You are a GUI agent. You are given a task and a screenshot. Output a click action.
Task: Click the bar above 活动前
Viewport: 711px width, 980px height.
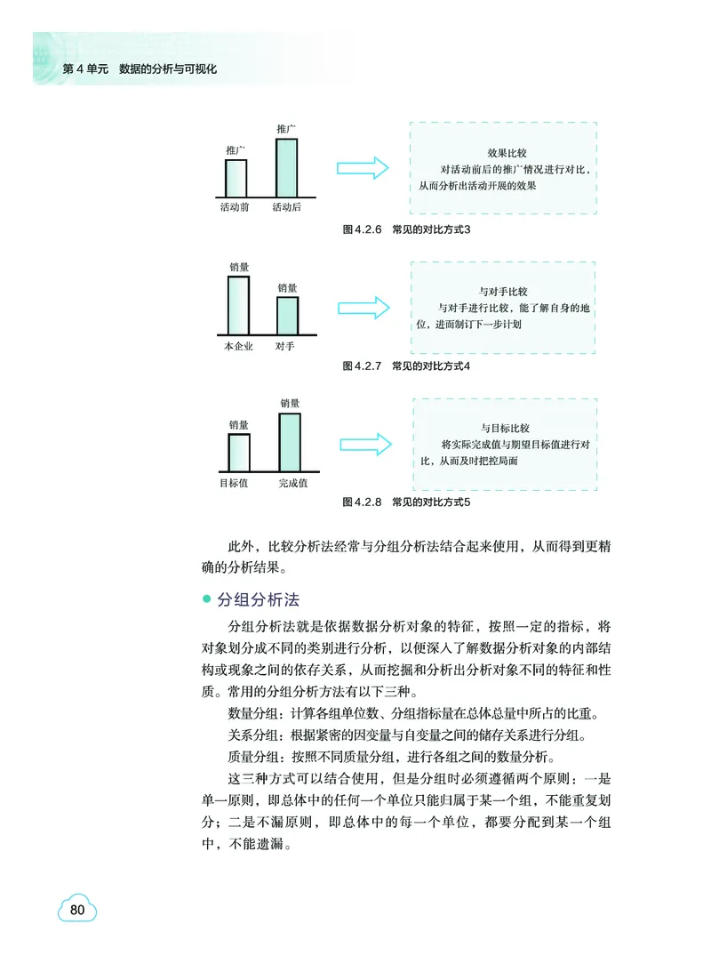click(236, 178)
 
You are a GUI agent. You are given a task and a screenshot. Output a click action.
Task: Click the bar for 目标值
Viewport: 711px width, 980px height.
click(238, 453)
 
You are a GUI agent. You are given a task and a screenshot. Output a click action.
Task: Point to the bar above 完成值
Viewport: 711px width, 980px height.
click(291, 442)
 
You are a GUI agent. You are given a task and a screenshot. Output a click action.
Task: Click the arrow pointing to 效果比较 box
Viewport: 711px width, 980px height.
click(363, 168)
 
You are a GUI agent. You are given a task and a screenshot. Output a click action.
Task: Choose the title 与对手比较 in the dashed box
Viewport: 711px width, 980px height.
click(504, 291)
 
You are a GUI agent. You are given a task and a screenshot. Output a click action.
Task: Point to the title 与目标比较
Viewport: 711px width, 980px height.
click(505, 428)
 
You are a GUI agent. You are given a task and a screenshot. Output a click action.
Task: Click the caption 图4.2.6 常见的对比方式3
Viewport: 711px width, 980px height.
click(405, 229)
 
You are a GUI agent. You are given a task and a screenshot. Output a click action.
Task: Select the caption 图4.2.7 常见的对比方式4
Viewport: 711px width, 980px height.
click(405, 365)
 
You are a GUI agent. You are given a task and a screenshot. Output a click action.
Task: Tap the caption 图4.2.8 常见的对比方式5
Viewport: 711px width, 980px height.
click(405, 502)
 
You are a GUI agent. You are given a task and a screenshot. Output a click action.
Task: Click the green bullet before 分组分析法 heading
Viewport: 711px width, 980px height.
click(207, 600)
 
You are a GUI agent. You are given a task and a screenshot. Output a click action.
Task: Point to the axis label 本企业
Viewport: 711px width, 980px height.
click(238, 347)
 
